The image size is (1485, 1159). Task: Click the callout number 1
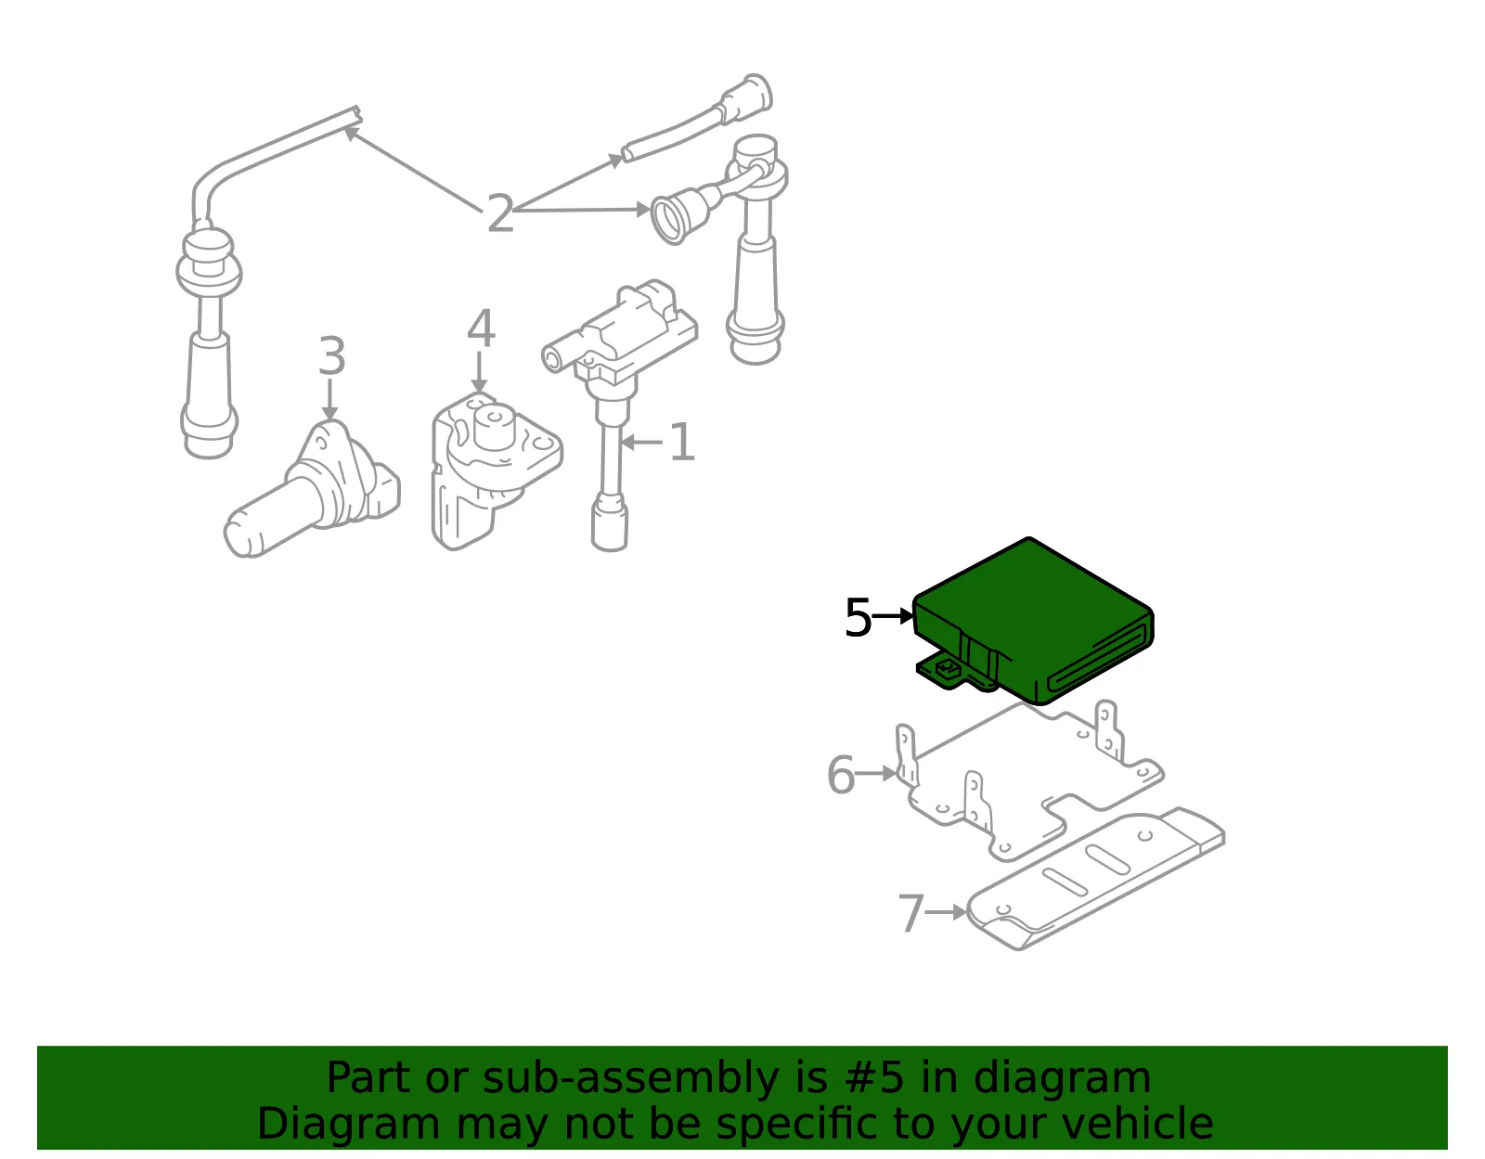682,442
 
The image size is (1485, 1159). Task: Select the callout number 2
500,213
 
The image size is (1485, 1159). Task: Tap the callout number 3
332,355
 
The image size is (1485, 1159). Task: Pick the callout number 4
481,328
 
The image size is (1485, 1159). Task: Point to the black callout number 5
858,617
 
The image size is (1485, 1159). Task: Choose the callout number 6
841,775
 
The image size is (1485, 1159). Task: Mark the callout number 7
911,913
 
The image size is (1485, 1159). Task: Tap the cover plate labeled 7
1095,878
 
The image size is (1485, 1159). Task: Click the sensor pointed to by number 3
312,490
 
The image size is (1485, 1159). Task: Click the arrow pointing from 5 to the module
893,616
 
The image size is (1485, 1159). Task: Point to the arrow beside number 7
947,912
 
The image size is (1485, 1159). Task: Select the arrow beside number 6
876,773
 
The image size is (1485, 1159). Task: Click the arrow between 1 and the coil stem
641,443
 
